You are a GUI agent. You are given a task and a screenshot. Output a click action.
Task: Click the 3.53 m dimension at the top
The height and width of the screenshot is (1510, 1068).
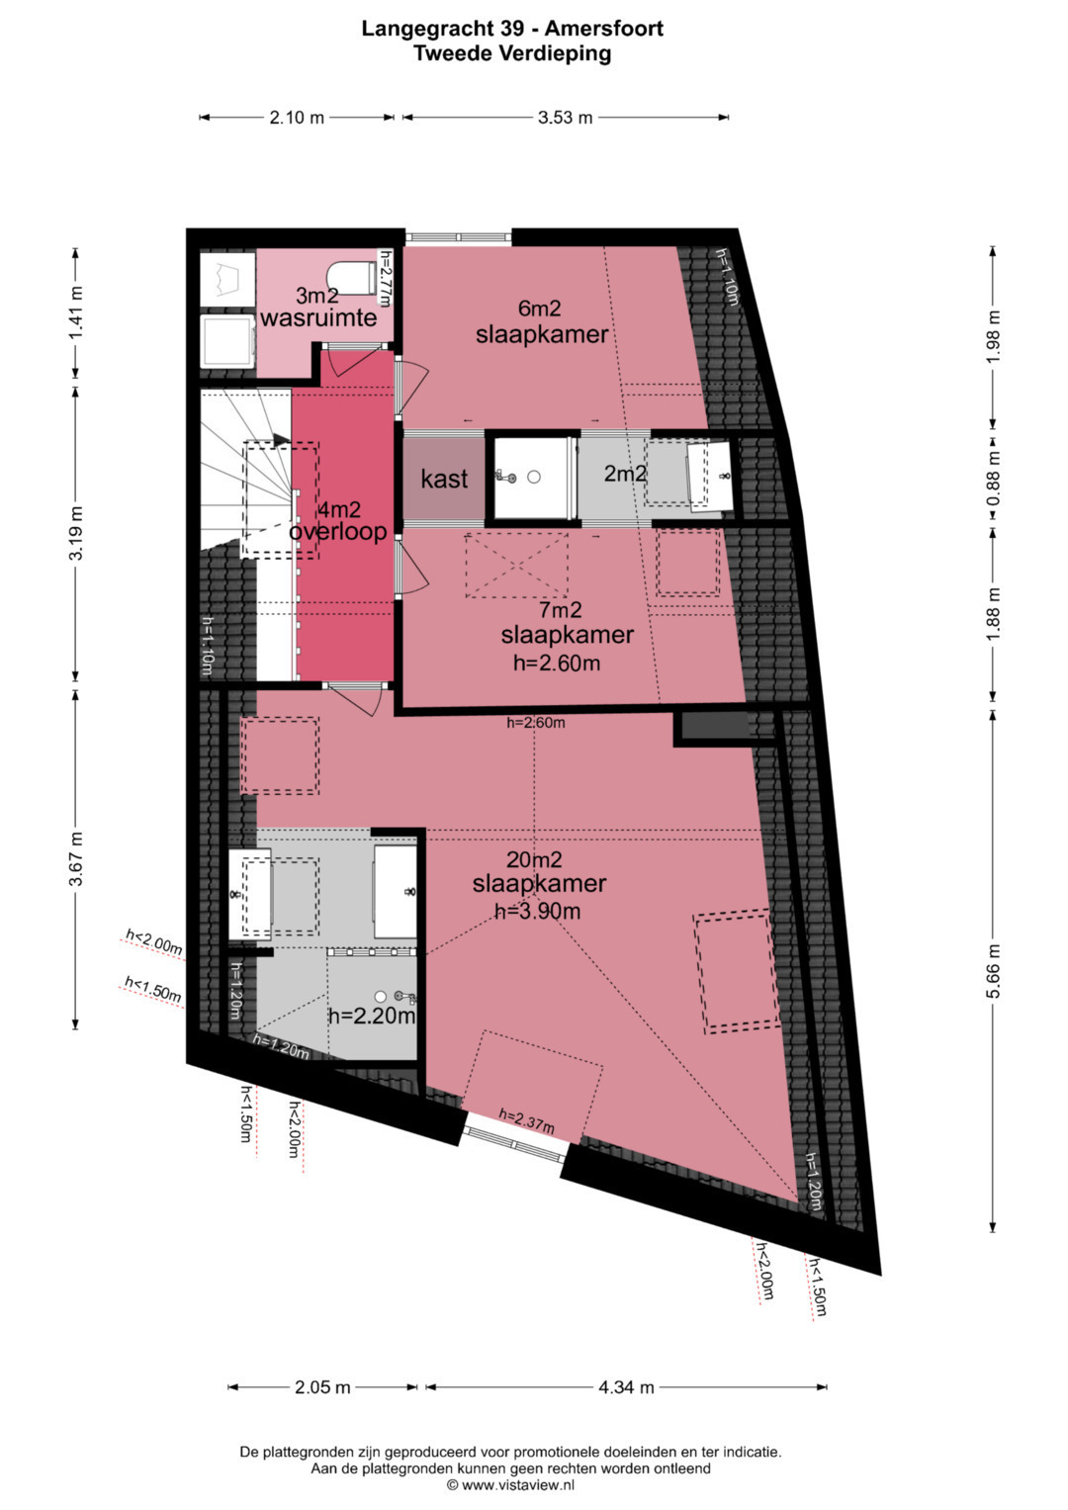click(565, 118)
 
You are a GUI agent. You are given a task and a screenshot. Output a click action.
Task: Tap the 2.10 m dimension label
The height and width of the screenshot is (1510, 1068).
click(297, 118)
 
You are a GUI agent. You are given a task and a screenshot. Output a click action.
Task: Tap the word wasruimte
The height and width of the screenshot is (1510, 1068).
click(318, 317)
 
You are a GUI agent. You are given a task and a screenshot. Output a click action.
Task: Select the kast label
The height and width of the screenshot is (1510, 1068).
click(444, 479)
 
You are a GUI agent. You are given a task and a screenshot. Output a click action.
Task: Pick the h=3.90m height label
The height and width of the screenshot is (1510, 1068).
click(537, 912)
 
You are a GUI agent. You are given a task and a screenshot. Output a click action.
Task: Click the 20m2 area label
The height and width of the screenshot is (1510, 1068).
click(534, 859)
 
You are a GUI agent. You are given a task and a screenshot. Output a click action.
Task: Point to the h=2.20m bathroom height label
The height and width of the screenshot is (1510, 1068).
click(372, 1016)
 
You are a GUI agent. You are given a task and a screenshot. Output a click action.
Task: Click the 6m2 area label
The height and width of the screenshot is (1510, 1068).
click(539, 309)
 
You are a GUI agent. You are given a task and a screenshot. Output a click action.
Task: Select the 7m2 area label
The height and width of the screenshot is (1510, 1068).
click(561, 610)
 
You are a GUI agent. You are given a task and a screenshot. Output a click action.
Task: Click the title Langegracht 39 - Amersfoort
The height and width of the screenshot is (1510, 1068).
click(512, 29)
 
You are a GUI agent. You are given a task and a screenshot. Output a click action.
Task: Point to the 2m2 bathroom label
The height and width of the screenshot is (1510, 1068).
click(625, 474)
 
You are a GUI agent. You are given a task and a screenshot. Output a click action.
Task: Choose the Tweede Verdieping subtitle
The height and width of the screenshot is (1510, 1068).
click(512, 53)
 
